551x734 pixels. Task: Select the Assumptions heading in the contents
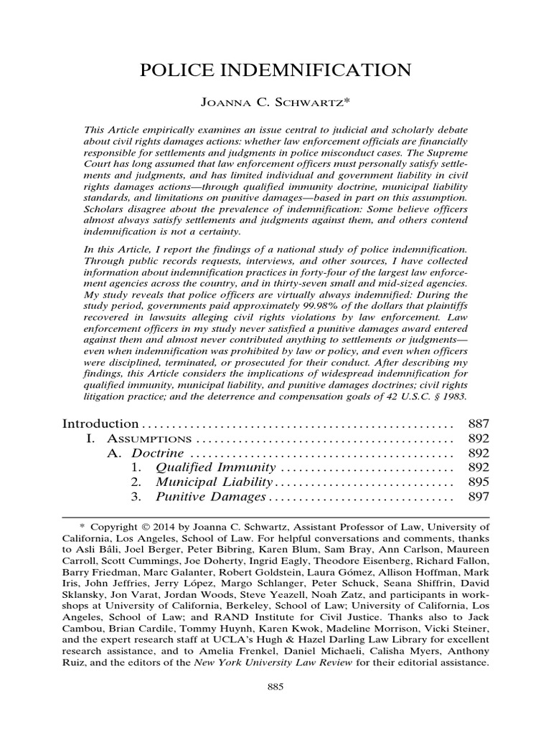tap(149, 438)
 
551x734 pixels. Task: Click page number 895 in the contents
tap(478, 482)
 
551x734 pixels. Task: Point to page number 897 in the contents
tap(478, 497)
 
